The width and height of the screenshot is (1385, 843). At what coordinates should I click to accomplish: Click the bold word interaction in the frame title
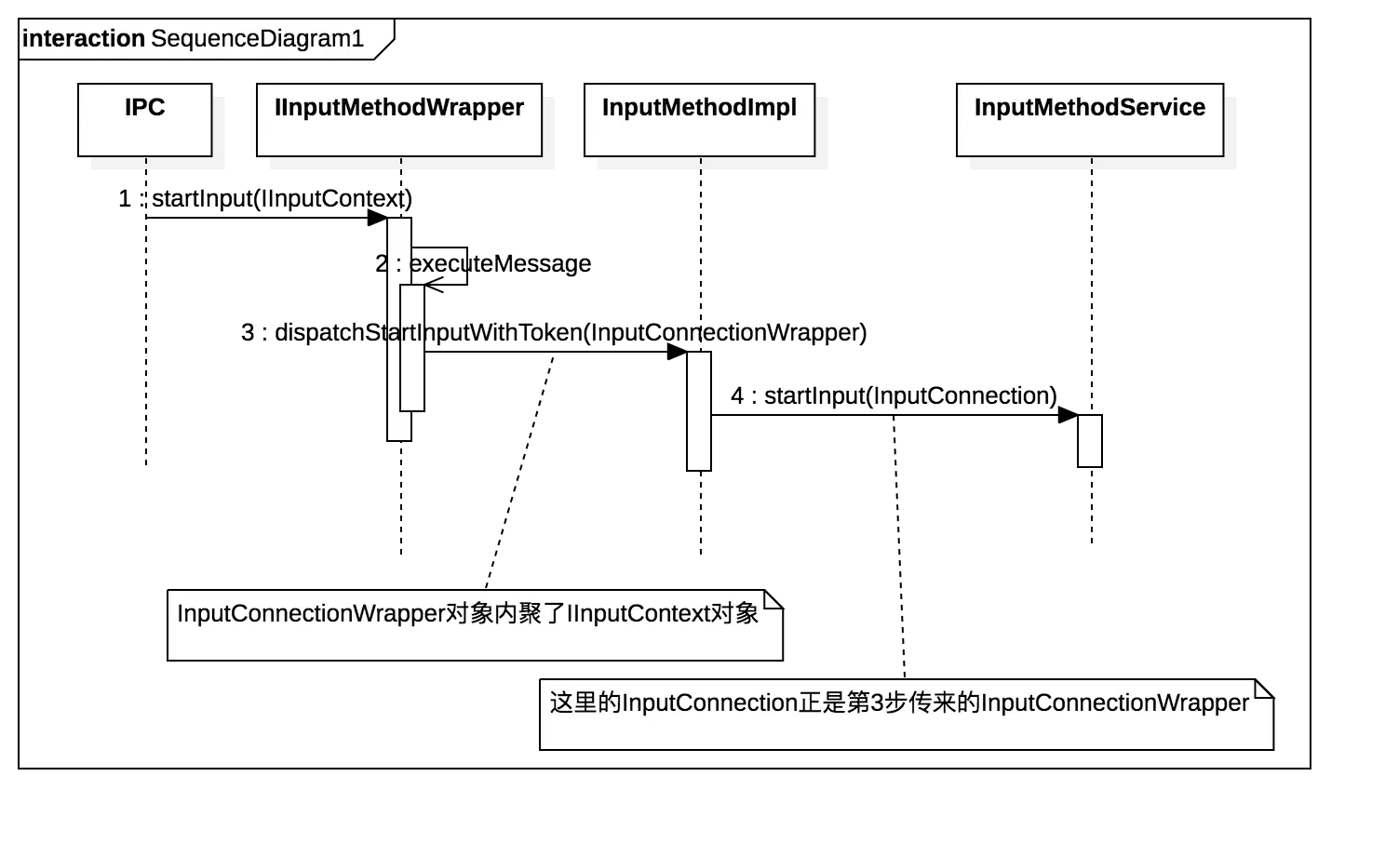(x=84, y=39)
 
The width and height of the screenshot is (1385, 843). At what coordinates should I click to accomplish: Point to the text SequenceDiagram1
(x=257, y=39)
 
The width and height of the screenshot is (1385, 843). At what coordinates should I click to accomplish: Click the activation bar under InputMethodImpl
(x=699, y=410)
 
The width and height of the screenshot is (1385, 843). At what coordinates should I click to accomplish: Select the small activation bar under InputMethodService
(x=1090, y=440)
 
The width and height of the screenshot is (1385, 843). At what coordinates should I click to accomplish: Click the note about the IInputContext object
(x=474, y=625)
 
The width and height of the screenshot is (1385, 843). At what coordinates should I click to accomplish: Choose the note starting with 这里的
(x=905, y=715)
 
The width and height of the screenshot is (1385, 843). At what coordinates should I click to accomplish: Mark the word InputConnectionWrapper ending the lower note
(x=1115, y=702)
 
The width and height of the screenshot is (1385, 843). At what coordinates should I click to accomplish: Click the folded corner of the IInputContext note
(x=773, y=598)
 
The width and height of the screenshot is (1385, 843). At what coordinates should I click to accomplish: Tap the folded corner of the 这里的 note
(x=1263, y=688)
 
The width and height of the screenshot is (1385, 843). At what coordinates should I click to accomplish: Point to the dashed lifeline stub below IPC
(x=146, y=165)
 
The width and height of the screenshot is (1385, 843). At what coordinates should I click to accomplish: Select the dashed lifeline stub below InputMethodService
(x=1091, y=165)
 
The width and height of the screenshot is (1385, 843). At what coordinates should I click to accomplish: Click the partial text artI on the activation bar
(x=406, y=333)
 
